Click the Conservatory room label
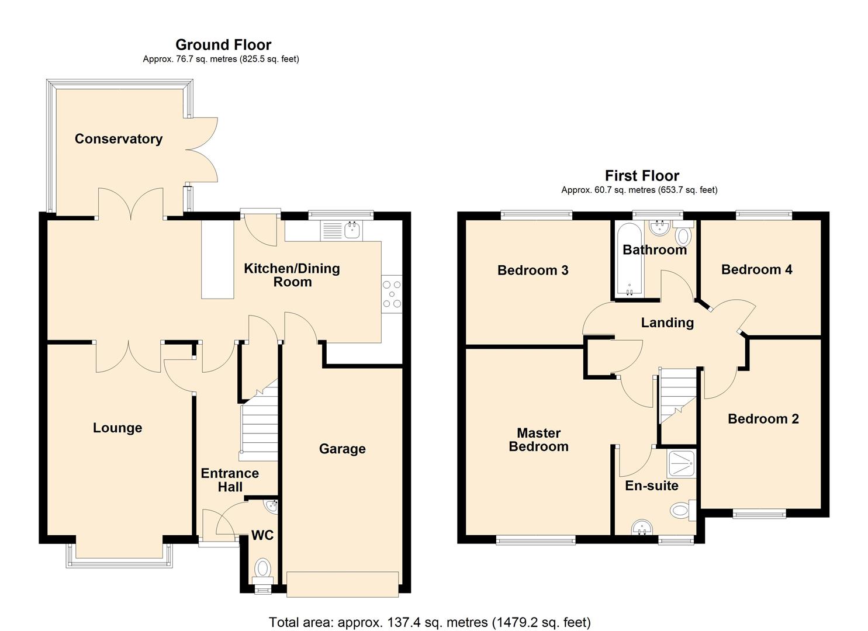118,139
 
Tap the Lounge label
117,428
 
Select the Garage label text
342,449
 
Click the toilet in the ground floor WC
263,568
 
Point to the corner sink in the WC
271,507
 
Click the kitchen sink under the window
352,230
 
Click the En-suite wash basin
642,529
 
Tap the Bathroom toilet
683,235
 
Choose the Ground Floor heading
223,44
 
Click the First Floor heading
642,175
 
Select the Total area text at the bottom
430,622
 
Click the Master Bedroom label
538,440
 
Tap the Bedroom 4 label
756,269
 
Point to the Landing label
667,323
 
